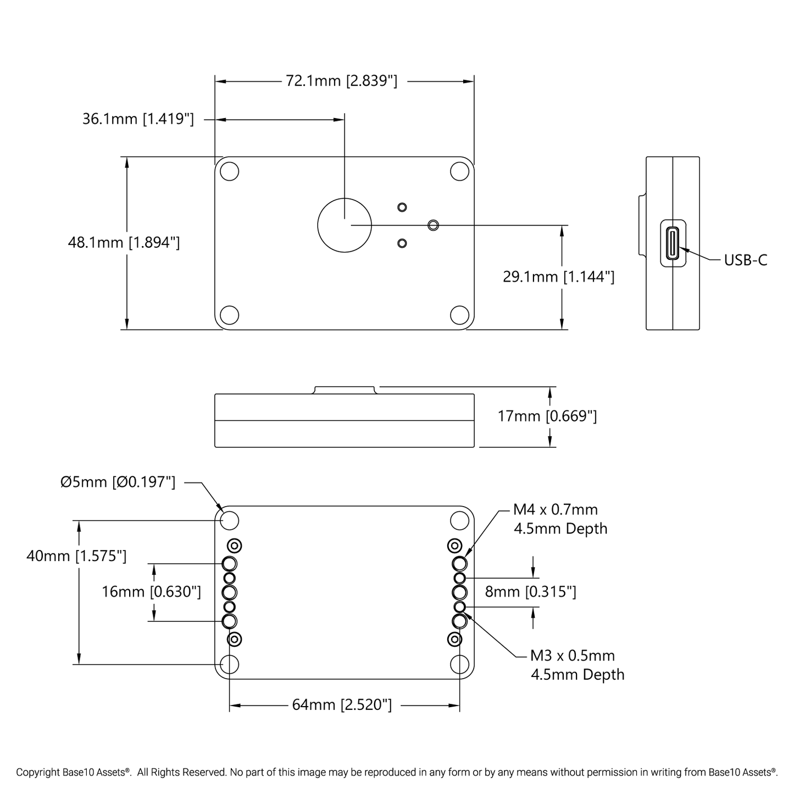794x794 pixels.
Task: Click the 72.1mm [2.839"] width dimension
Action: pos(341,81)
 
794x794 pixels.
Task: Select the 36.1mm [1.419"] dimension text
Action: pos(138,119)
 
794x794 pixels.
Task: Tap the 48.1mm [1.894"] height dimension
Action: pos(124,242)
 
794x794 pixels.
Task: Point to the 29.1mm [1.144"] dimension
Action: pos(558,276)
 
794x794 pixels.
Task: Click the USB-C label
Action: pos(745,260)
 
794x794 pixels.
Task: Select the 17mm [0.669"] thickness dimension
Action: pos(547,416)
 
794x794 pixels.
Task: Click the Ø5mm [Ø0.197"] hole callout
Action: pos(118,482)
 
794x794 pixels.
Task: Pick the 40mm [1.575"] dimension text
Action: pos(76,556)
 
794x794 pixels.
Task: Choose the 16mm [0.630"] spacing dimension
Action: pos(151,592)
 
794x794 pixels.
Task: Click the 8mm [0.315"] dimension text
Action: pos(530,592)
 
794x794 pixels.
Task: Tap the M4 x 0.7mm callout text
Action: pos(556,510)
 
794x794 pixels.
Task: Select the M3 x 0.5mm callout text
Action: pos(572,656)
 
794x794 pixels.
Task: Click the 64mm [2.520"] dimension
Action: pos(342,704)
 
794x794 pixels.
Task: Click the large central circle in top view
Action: pos(345,225)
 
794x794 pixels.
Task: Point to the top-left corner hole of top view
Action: pos(229,171)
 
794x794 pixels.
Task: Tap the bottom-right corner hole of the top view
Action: pos(459,315)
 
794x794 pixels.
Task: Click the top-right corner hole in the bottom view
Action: pos(459,520)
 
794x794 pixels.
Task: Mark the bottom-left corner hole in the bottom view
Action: pos(229,664)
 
